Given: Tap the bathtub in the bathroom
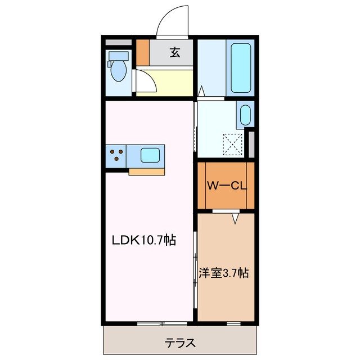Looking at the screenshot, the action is [x=240, y=68].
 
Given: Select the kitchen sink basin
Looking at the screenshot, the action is [x=150, y=155].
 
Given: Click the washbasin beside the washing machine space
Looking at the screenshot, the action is [x=245, y=115].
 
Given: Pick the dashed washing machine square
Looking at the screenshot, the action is [x=232, y=145].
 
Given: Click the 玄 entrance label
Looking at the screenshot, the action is [x=175, y=52].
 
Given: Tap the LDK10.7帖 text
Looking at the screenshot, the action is [x=144, y=240].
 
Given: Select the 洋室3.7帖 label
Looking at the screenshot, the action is [x=224, y=273].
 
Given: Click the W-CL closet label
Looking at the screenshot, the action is [x=227, y=186].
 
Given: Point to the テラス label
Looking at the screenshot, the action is [x=180, y=343].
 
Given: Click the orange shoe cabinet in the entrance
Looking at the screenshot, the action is [x=143, y=52].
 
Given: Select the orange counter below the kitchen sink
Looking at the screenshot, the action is [x=147, y=172].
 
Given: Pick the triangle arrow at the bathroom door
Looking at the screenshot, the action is [x=201, y=91].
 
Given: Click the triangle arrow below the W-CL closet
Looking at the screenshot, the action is [x=235, y=219].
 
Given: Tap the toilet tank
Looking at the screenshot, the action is [x=119, y=56].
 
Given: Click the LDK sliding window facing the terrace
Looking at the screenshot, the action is [x=162, y=324].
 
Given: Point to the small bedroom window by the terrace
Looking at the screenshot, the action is [x=234, y=324].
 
